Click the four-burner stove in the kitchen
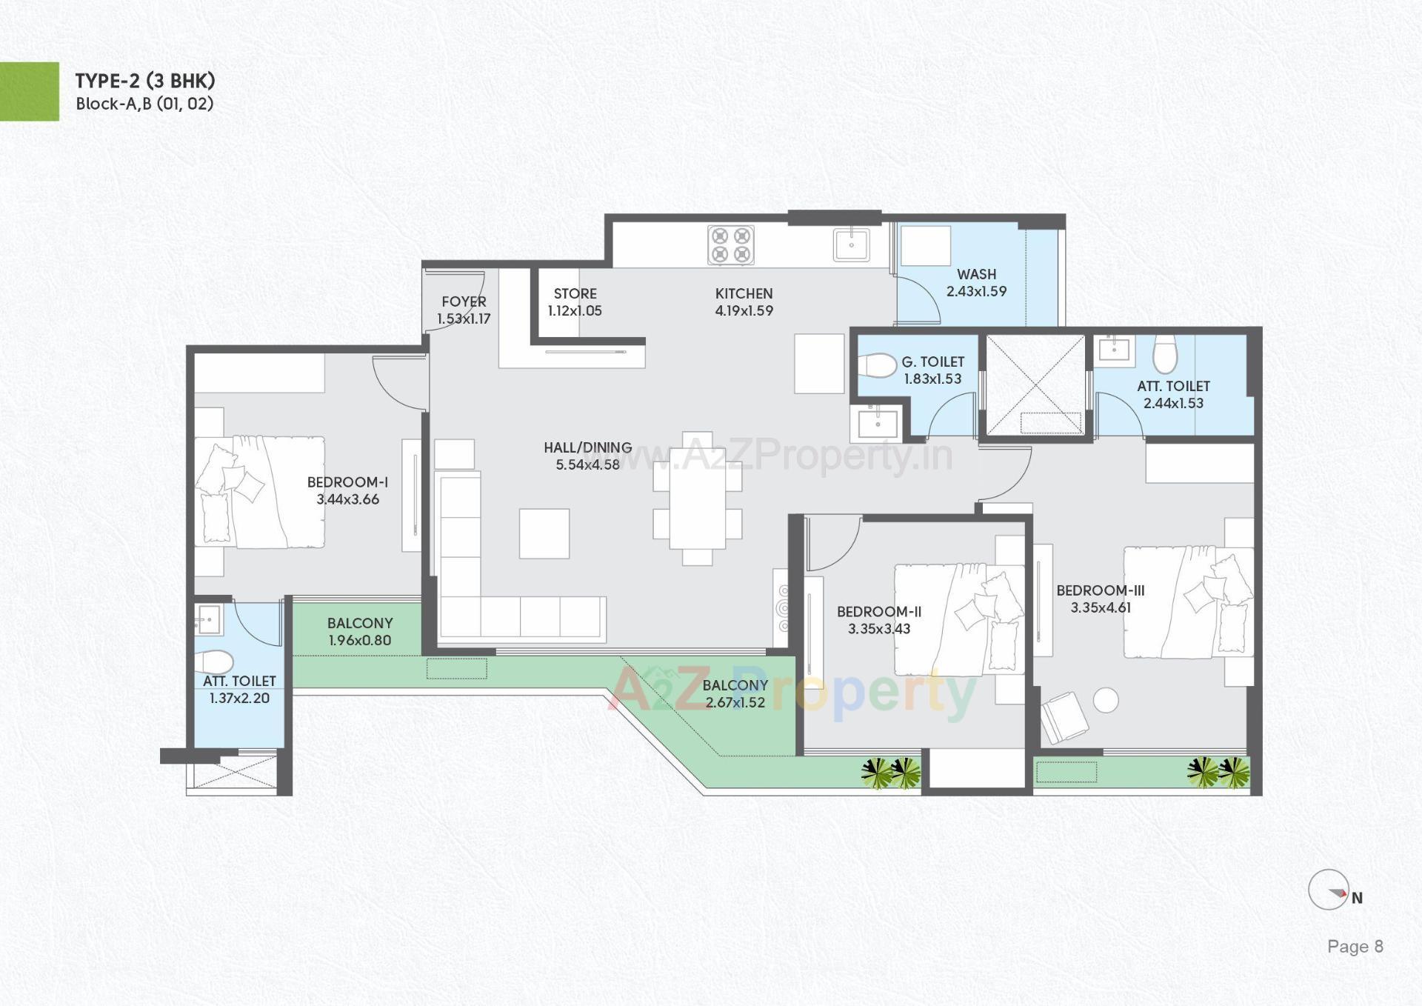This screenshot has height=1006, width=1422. [731, 245]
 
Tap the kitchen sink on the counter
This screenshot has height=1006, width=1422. [852, 245]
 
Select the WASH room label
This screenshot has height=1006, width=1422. [976, 274]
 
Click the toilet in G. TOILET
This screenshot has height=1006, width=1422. [877, 366]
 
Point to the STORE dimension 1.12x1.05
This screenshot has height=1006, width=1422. [575, 311]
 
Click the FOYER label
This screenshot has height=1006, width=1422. [464, 302]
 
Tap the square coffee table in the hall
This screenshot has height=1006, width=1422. [544, 533]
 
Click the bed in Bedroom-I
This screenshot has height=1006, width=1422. [260, 492]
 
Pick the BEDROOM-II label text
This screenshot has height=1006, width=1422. [879, 612]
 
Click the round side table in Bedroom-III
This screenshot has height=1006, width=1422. [1106, 700]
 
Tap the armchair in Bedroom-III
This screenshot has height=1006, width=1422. [1064, 716]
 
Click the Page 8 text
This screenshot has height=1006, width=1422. [1355, 946]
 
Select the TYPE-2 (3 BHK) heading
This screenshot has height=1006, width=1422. [145, 81]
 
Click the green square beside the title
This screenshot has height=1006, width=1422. [29, 91]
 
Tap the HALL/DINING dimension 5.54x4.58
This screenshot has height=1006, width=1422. [587, 465]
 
